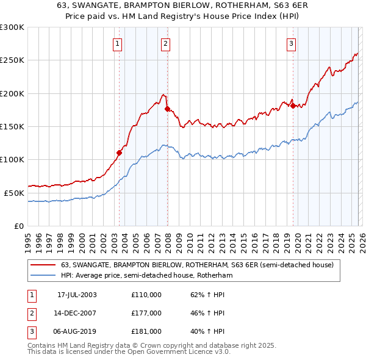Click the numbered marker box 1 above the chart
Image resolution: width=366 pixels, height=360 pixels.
[117, 43]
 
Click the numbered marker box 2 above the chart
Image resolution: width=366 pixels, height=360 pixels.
[165, 43]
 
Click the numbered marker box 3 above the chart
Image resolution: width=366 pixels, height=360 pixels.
[292, 43]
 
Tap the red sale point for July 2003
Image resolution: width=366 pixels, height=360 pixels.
[120, 153]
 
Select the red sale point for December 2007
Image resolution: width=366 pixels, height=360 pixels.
[167, 109]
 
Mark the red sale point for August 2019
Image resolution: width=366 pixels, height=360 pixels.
[293, 106]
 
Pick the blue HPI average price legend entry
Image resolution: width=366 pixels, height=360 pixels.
[146, 276]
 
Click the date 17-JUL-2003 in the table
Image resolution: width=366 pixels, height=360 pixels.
[77, 295]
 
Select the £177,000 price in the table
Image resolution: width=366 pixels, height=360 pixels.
[146, 313]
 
